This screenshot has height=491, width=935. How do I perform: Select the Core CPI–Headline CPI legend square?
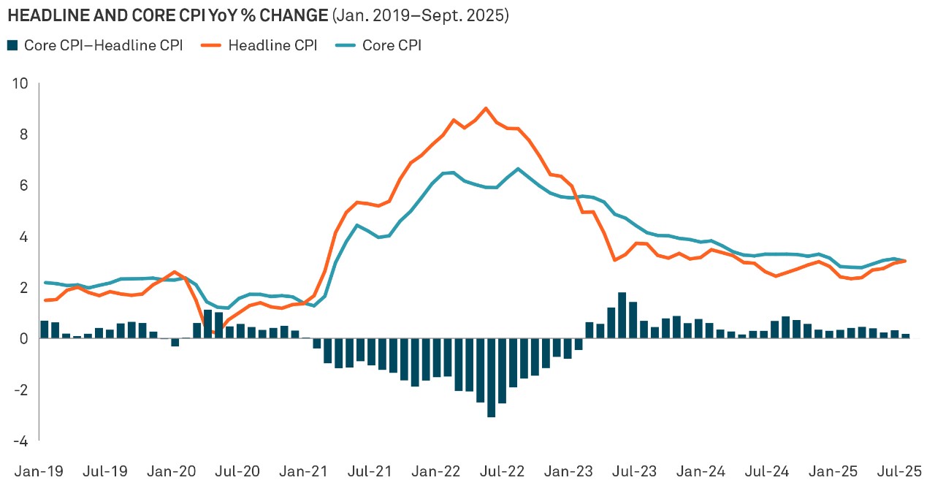click(12, 45)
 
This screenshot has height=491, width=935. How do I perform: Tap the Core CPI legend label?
click(390, 45)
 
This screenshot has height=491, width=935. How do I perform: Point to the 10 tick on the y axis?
click(20, 83)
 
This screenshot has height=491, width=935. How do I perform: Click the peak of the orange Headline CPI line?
click(486, 108)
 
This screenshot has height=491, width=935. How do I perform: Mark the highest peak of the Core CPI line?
click(518, 169)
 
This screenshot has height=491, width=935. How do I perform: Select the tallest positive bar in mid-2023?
click(622, 315)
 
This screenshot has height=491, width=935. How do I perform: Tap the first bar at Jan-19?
click(45, 330)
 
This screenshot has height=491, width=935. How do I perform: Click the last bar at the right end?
click(906, 336)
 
